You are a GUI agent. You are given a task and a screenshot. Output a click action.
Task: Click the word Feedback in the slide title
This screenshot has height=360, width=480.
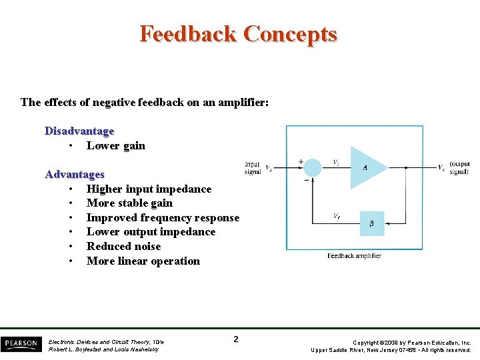(189, 33)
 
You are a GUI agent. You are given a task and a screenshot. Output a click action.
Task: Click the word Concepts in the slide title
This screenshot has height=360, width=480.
(290, 33)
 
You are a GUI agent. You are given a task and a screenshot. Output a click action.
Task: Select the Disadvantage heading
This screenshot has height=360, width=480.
(79, 131)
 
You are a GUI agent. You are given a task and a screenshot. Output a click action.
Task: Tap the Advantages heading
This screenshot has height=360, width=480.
(75, 174)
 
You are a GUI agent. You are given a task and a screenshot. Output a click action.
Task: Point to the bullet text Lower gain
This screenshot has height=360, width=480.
(115, 145)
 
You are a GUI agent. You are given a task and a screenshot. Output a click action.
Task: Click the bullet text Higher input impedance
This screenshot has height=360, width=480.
(149, 189)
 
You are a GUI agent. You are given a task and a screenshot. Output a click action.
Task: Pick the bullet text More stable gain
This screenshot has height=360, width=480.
(129, 203)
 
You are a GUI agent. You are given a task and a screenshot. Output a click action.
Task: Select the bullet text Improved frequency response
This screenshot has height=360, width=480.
(163, 217)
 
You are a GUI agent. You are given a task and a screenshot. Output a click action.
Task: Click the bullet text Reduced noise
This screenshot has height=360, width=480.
(123, 246)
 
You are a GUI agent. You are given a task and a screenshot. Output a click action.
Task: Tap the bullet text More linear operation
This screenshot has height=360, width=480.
(143, 261)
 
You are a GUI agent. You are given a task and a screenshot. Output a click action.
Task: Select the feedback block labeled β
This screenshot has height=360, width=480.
(372, 223)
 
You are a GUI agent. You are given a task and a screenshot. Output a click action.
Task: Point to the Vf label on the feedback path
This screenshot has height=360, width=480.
(338, 215)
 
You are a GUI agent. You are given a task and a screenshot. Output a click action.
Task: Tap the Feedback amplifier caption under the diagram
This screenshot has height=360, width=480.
(354, 256)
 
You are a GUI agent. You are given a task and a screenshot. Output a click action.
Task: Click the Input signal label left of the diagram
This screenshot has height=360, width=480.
(253, 167)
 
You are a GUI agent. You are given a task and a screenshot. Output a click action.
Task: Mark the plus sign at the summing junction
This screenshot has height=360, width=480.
(301, 161)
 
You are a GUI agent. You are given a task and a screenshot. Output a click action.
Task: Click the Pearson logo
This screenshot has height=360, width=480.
(20, 344)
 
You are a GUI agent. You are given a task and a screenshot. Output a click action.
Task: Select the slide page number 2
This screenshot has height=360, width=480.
(236, 339)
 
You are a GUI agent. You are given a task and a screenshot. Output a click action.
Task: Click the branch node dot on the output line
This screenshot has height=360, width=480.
(406, 167)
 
